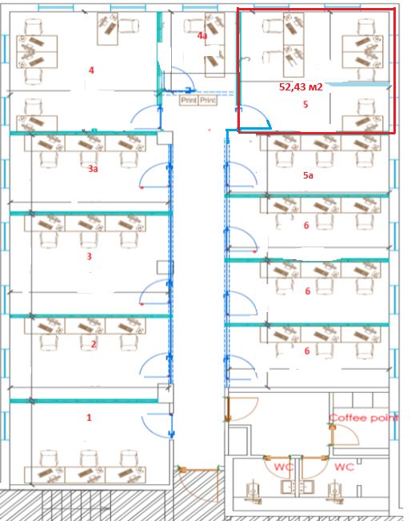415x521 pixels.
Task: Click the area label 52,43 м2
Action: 301,87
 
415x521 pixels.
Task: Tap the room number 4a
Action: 202,35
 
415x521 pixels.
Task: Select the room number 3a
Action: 94,169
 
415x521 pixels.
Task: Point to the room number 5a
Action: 308,175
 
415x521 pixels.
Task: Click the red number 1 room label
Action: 89,417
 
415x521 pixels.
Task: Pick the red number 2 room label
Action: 94,343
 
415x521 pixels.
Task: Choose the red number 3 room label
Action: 89,256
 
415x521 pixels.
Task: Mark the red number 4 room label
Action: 91,70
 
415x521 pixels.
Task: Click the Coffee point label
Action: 364,418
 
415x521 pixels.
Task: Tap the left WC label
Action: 284,467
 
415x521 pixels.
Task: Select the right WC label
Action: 345,467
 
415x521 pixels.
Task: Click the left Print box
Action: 189,100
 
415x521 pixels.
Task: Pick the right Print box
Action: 208,100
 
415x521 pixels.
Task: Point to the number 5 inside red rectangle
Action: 305,104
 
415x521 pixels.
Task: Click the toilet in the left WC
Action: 253,491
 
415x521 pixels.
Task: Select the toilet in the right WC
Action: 334,491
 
